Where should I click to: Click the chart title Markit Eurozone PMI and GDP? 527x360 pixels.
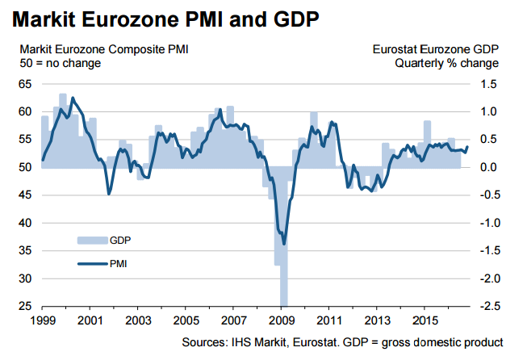pyautogui.click(x=164, y=19)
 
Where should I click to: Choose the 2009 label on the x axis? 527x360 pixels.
pyautogui.click(x=282, y=320)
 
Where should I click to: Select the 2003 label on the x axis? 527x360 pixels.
pyautogui.click(x=137, y=320)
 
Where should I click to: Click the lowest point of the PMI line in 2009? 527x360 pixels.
pyautogui.click(x=283, y=243)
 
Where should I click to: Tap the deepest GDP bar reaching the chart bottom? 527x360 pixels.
pyautogui.click(x=283, y=291)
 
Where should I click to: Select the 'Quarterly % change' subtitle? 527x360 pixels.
pyautogui.click(x=446, y=63)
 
